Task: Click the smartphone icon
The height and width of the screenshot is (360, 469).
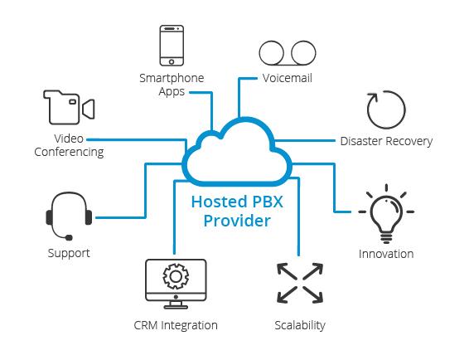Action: [172, 46]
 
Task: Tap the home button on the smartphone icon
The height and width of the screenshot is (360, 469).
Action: [172, 62]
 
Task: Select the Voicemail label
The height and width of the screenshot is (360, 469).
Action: [288, 78]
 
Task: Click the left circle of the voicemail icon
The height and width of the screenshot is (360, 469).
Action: [271, 53]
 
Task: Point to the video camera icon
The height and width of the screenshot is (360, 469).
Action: [69, 107]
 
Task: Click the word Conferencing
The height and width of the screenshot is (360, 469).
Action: [69, 152]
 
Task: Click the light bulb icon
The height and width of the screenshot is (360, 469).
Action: [386, 213]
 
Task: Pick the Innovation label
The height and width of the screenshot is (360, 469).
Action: [386, 254]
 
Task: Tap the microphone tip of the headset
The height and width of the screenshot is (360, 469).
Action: [69, 238]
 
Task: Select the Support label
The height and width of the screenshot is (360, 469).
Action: [69, 253]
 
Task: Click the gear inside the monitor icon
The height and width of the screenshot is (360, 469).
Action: [176, 276]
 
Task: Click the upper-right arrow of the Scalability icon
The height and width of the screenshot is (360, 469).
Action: [313, 271]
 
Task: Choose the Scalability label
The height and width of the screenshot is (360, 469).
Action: [300, 325]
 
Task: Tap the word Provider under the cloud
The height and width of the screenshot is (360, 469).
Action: [237, 221]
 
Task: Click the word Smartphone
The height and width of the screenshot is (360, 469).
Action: [172, 79]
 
